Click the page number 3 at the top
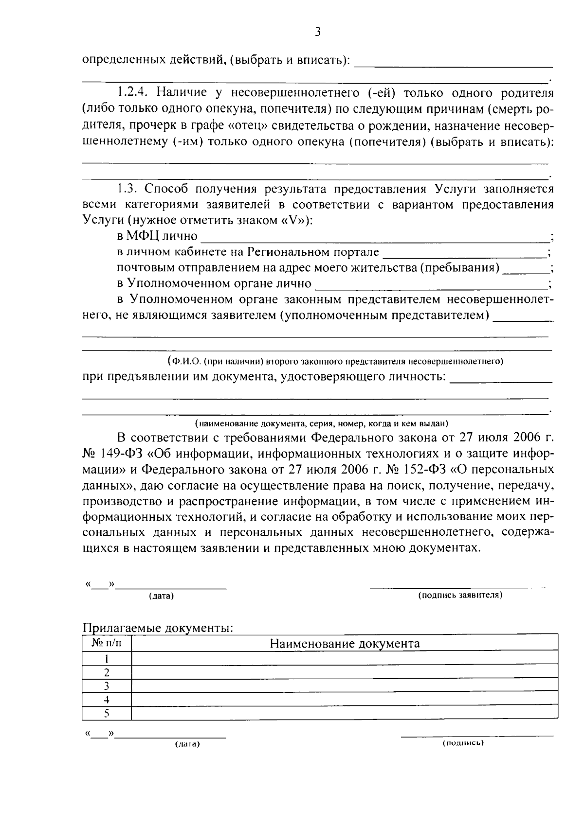tap(317, 33)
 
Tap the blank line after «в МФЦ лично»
tap(375, 237)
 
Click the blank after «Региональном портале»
tap(465, 253)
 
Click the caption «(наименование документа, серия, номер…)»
tap(321, 423)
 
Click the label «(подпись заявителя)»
tap(460, 595)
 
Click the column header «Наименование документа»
tap(345, 644)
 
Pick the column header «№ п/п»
tap(107, 643)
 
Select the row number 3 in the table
tap(107, 686)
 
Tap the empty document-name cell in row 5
tap(345, 713)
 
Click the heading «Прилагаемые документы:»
tap(158, 628)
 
